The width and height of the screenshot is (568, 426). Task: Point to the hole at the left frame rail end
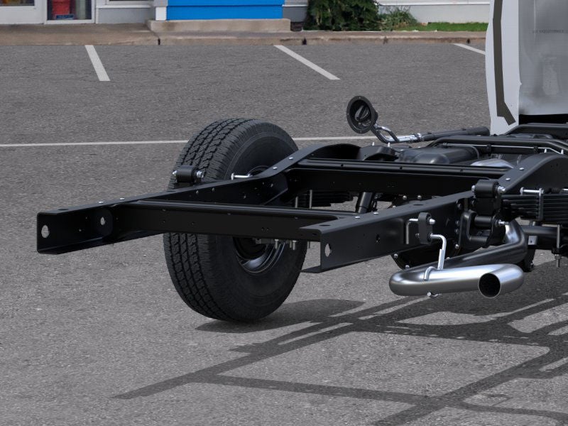[45, 231]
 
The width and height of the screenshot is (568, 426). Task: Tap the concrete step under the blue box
[219, 26]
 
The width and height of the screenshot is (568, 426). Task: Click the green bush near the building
[344, 14]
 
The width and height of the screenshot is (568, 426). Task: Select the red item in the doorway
[62, 8]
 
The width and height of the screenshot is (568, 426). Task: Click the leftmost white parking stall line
[97, 62]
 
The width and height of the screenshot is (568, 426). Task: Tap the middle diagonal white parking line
[306, 62]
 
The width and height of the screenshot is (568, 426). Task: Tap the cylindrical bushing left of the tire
[187, 174]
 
